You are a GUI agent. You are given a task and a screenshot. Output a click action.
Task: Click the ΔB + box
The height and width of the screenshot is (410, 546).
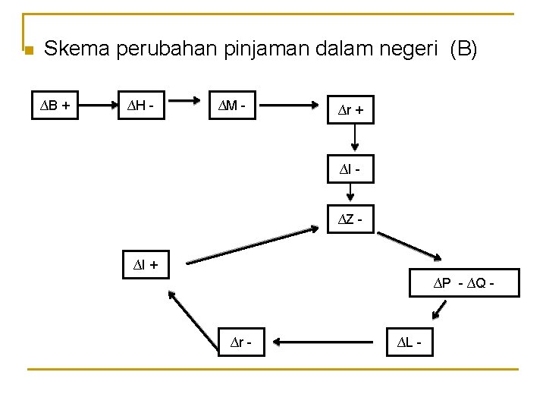[x=55, y=106]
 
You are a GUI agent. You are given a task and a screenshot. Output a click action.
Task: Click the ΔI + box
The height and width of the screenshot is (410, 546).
[x=146, y=265]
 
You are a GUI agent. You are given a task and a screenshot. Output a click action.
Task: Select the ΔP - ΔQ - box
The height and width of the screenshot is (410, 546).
[x=463, y=282]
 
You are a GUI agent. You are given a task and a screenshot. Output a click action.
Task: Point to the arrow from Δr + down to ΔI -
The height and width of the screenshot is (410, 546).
[x=354, y=140]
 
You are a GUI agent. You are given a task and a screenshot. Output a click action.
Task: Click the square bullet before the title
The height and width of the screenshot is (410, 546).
[x=28, y=51]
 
